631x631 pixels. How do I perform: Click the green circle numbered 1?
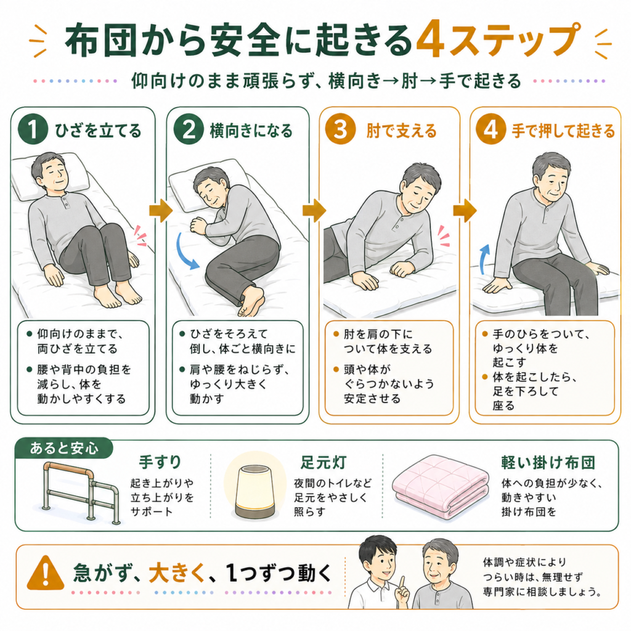[33, 129]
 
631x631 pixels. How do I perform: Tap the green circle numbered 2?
[189, 129]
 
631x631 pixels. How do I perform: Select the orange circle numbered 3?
[340, 129]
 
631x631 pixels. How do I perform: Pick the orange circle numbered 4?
[491, 129]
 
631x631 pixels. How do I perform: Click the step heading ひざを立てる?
[98, 131]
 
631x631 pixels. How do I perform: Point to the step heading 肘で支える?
[401, 131]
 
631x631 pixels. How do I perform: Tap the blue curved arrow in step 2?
[186, 251]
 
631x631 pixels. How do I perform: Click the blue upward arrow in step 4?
[484, 259]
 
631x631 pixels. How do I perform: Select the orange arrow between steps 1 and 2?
[161, 210]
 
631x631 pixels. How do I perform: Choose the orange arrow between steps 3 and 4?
[465, 210]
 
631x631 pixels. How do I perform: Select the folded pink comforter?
[441, 486]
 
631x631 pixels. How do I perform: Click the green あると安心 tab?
[63, 448]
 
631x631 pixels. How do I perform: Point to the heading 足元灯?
[323, 462]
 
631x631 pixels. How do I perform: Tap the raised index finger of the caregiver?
[402, 582]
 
